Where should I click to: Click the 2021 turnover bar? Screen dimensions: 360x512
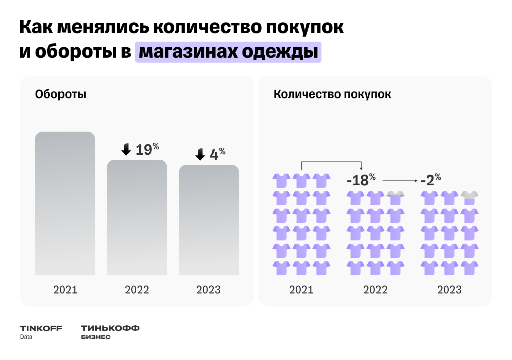click(65, 203)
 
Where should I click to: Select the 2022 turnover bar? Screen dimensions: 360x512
click(137, 217)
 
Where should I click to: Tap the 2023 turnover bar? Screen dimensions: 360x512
click(209, 220)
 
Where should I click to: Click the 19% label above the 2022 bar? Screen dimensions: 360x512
click(147, 149)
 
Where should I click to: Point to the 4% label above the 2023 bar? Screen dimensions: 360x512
click(217, 154)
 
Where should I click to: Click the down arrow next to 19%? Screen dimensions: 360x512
click(126, 149)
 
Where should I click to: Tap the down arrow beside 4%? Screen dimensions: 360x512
click(200, 154)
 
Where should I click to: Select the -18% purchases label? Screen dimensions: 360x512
click(361, 180)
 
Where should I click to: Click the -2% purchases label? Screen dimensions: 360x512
click(431, 180)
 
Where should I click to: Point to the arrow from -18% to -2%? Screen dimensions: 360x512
click(400, 181)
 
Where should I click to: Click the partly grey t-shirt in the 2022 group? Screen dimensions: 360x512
click(395, 198)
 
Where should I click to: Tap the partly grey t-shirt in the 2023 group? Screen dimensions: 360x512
click(469, 198)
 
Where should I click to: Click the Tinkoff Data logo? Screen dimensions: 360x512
click(41, 332)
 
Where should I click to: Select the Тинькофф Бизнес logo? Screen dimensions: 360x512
click(110, 332)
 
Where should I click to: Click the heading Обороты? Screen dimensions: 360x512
click(60, 94)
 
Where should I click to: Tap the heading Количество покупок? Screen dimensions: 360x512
click(332, 94)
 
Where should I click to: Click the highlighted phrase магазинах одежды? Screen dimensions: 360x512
click(228, 52)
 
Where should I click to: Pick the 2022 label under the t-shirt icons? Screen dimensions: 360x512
click(375, 290)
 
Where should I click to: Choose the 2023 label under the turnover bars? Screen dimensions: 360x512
click(208, 290)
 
